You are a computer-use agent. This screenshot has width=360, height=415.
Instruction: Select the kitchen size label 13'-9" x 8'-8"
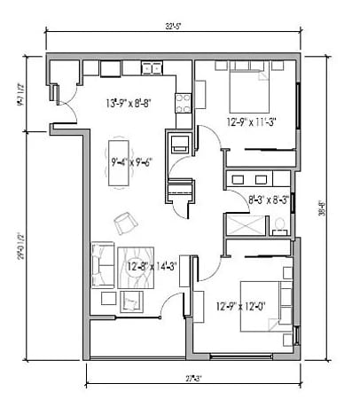click(x=129, y=102)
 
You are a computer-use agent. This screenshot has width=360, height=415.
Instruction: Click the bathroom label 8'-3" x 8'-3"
click(x=268, y=200)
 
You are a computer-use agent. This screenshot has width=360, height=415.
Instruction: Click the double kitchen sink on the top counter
click(x=111, y=68)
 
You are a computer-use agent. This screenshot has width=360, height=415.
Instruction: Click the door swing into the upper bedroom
click(x=206, y=142)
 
